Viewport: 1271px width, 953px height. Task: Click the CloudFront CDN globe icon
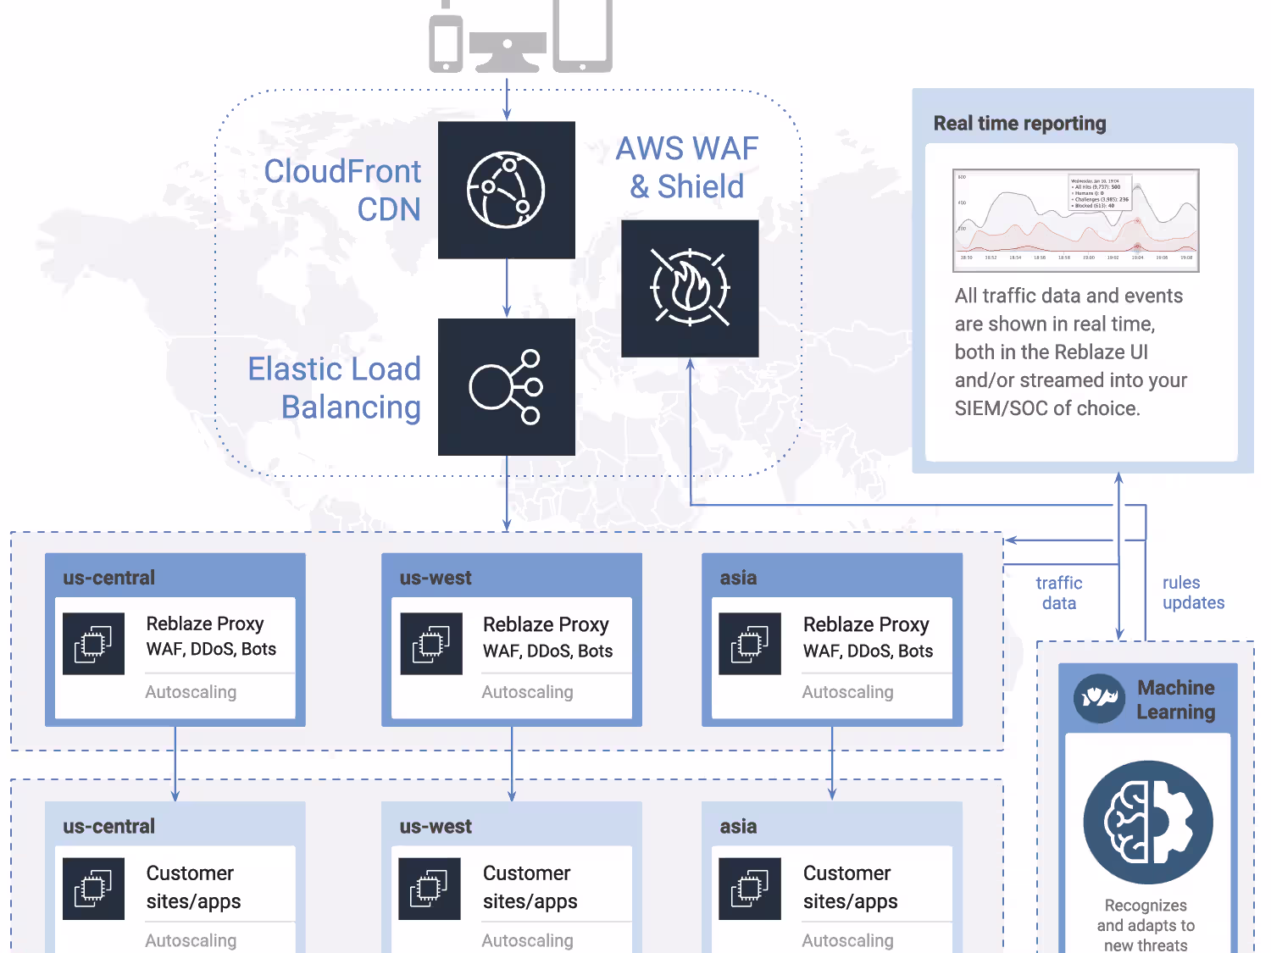pyautogui.click(x=507, y=190)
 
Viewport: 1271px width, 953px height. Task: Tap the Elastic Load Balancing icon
pyautogui.click(x=507, y=387)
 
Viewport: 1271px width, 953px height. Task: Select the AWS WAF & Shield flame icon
pyautogui.click(x=690, y=288)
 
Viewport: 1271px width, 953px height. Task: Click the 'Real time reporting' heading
pyautogui.click(x=1019, y=124)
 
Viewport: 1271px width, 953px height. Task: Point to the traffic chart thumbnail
pyautogui.click(x=1075, y=220)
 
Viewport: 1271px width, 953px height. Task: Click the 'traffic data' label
pyautogui.click(x=1059, y=593)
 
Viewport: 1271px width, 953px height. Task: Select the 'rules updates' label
pyautogui.click(x=1193, y=593)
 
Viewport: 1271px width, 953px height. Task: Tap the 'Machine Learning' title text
pyautogui.click(x=1175, y=700)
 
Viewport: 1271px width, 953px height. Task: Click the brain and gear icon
pyautogui.click(x=1148, y=823)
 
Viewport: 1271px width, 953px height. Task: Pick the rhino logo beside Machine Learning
pyautogui.click(x=1099, y=699)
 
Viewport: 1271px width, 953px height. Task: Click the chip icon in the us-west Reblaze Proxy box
pyautogui.click(x=431, y=644)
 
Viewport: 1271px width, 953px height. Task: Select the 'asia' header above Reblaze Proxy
pyautogui.click(x=739, y=578)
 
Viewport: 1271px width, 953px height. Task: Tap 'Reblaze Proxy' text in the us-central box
pyautogui.click(x=205, y=623)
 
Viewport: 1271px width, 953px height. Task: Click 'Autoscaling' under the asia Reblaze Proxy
pyautogui.click(x=847, y=692)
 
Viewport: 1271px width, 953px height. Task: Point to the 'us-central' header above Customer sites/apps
pyautogui.click(x=109, y=826)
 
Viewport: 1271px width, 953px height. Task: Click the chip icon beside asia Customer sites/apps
pyautogui.click(x=750, y=889)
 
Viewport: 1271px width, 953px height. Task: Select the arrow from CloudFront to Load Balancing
pyautogui.click(x=507, y=288)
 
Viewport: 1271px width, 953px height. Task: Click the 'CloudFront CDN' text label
pyautogui.click(x=343, y=190)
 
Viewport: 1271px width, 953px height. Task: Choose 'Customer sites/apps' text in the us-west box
pyautogui.click(x=530, y=887)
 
